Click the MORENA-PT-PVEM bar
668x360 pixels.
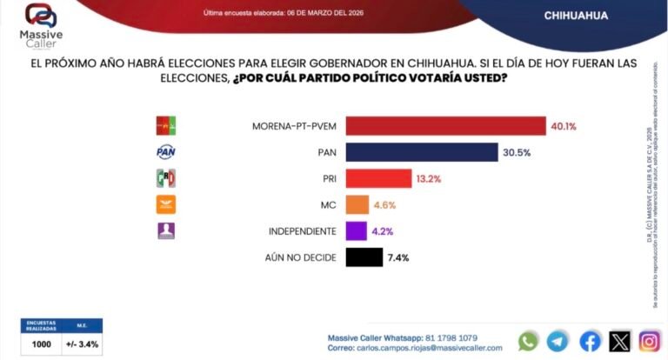click(x=445, y=126)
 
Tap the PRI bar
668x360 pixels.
click(x=378, y=178)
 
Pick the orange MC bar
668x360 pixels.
click(x=357, y=205)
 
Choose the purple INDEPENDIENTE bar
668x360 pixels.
click(x=356, y=231)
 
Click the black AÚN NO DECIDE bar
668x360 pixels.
click(x=364, y=257)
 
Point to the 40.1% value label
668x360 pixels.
click(x=563, y=126)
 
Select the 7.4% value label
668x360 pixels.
click(x=397, y=257)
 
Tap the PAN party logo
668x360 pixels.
click(x=165, y=152)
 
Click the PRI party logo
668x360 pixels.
click(x=165, y=178)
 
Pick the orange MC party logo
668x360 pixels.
click(x=165, y=205)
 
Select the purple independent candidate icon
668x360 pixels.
click(x=165, y=231)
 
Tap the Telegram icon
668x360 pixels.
click(x=559, y=341)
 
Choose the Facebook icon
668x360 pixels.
click(x=590, y=341)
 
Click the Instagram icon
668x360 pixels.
click(x=650, y=341)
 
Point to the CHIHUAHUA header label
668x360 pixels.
click(x=575, y=16)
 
